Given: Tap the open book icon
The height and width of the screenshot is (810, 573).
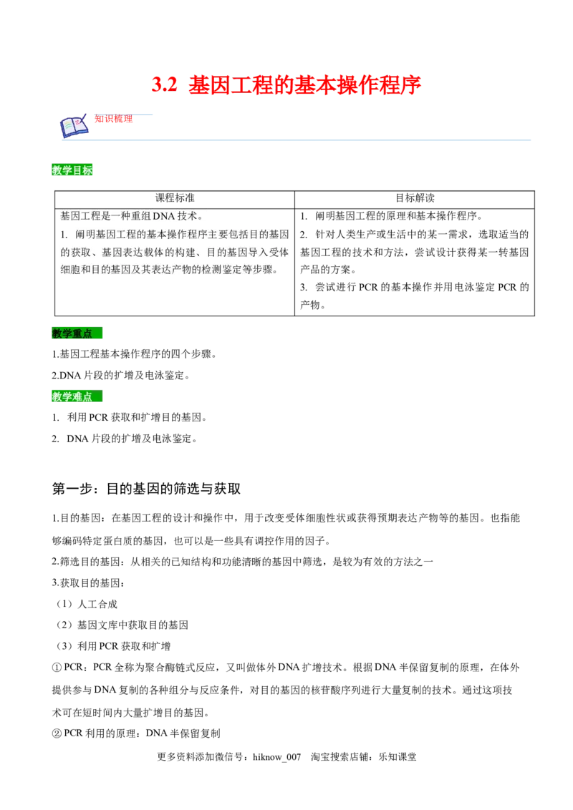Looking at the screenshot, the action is click(x=73, y=127).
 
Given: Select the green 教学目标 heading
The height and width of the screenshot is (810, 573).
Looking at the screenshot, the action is click(x=72, y=170).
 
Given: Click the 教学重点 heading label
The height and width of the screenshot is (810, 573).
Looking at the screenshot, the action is click(x=72, y=334).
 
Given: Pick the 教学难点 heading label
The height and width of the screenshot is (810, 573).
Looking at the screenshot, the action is click(x=72, y=397).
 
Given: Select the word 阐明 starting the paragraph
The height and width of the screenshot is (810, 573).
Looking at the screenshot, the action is click(x=85, y=235).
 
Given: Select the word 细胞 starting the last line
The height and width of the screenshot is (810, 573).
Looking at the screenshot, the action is click(x=70, y=271).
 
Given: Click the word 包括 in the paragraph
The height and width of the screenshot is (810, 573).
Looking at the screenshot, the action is click(x=233, y=235).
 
